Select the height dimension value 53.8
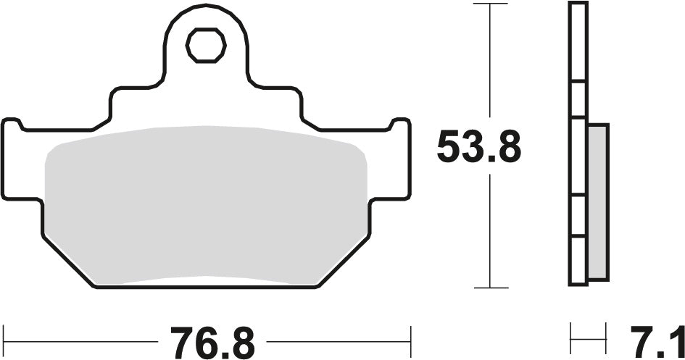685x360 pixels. (478, 149)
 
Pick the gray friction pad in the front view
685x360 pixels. (206, 203)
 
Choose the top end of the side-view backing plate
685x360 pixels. (577, 6)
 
